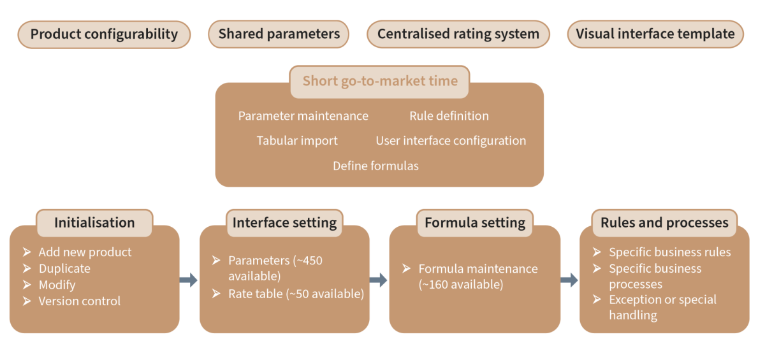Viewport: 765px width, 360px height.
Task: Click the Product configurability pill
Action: click(x=104, y=34)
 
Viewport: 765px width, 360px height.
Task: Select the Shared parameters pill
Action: click(x=279, y=34)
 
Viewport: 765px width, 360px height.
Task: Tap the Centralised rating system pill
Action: click(x=458, y=34)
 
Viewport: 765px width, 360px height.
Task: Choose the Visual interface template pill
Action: click(x=655, y=34)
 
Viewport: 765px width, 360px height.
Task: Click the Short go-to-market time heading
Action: click(x=380, y=82)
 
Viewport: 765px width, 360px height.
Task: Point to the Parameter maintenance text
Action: click(x=303, y=116)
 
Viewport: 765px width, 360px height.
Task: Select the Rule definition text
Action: click(x=449, y=116)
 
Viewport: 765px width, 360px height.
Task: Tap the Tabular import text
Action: click(x=297, y=141)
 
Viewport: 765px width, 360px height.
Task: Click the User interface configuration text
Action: click(x=451, y=141)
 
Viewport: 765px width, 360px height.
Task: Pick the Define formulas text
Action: click(x=375, y=166)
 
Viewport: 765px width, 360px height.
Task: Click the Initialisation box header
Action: click(x=94, y=223)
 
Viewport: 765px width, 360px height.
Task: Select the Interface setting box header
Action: click(x=284, y=223)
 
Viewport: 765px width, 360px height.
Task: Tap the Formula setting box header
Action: click(x=475, y=223)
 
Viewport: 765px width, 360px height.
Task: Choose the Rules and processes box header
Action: click(x=664, y=223)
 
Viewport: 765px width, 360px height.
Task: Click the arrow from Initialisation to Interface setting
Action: click(x=189, y=280)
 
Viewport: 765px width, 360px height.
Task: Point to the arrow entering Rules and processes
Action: click(x=569, y=280)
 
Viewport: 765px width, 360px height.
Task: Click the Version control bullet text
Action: click(x=79, y=301)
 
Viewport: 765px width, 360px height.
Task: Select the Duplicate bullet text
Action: click(x=64, y=269)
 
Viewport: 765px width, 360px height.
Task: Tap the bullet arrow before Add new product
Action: click(x=27, y=252)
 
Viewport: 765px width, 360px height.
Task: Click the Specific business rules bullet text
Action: click(x=669, y=252)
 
